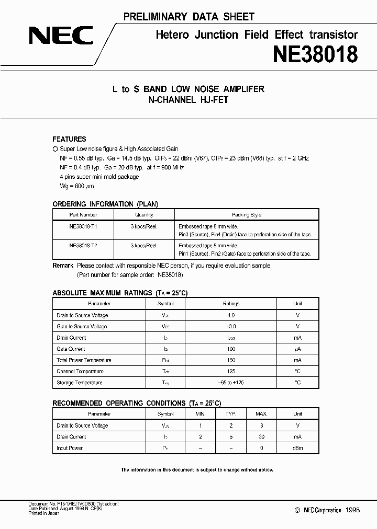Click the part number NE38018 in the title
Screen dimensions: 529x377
click(315, 54)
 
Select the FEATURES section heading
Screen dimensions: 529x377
click(69, 139)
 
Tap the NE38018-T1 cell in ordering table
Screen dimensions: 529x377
click(83, 226)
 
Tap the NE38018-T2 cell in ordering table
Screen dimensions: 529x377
click(83, 245)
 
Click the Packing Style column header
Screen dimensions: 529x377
click(246, 215)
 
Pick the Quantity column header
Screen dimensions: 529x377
click(144, 215)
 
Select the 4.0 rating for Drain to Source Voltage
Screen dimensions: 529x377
click(231, 315)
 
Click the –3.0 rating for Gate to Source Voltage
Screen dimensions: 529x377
click(231, 326)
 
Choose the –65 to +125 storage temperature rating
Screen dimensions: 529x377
click(231, 383)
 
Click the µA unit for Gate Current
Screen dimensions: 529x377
click(297, 349)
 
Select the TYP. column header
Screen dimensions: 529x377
click(231, 414)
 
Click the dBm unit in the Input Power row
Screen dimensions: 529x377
click(297, 448)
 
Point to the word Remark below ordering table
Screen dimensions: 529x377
click(63, 266)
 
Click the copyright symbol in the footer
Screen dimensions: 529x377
click(297, 510)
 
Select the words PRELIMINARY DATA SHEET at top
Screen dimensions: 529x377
click(188, 17)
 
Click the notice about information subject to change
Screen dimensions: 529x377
click(197, 469)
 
